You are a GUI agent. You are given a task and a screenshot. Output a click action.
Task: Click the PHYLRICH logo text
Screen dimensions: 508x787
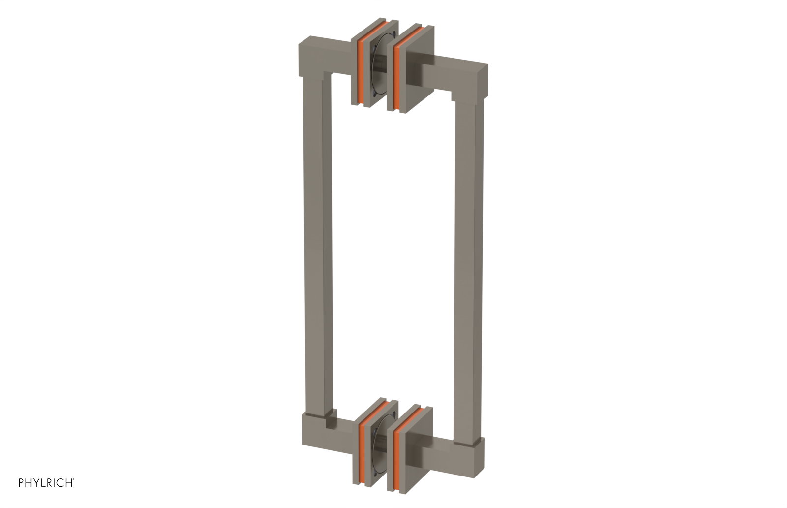point(46,483)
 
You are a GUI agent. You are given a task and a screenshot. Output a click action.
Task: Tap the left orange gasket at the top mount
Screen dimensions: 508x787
point(361,69)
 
